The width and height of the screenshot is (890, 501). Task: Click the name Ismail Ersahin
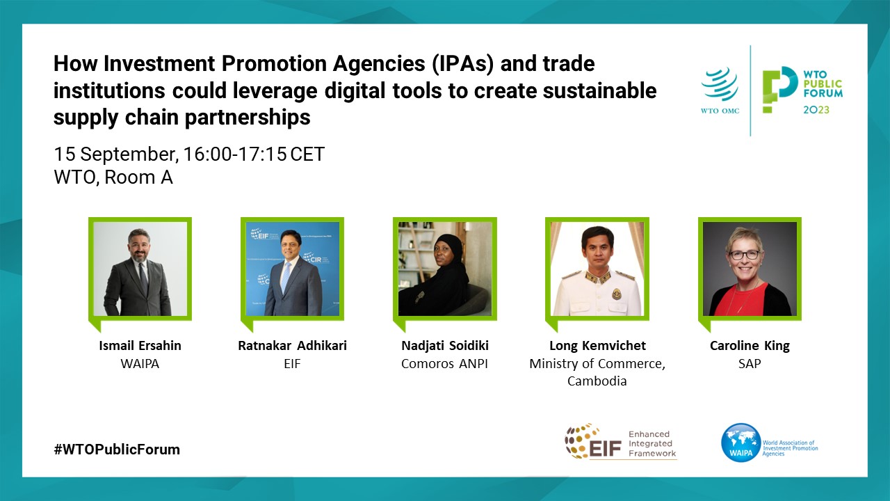click(x=140, y=346)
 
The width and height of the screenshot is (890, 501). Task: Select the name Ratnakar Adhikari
click(x=293, y=346)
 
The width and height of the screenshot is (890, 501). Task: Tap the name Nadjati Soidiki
click(x=445, y=346)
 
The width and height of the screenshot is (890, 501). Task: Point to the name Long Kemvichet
click(x=597, y=346)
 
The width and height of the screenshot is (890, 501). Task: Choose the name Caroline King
click(x=750, y=346)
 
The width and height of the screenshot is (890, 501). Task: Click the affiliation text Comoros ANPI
click(x=444, y=363)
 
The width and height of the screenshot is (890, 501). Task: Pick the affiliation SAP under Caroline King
click(x=750, y=363)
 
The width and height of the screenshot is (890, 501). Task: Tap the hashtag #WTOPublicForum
click(x=117, y=450)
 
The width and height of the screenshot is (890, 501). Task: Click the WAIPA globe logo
click(x=741, y=443)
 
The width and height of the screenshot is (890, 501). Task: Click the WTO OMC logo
click(x=720, y=90)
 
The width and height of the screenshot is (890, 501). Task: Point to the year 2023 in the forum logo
click(x=816, y=110)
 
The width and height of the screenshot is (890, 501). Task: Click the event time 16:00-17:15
click(x=235, y=154)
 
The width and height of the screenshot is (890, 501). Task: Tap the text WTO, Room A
click(x=113, y=177)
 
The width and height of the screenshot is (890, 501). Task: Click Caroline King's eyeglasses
click(x=745, y=255)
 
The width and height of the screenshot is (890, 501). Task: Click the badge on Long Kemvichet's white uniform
click(x=617, y=294)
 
